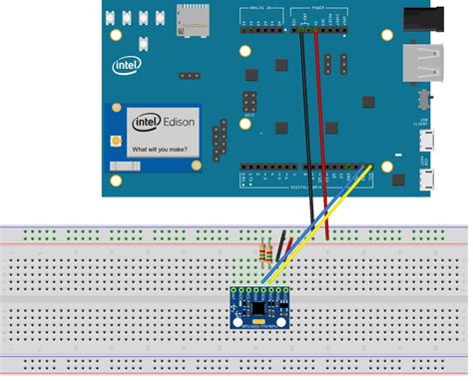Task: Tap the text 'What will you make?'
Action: coord(162,149)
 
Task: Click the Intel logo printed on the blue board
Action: coord(127,66)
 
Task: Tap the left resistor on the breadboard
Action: coord(262,252)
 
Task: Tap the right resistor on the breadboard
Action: coord(271,252)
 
